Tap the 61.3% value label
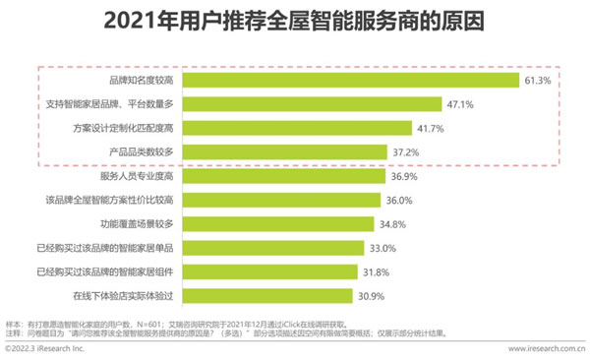click(x=536, y=79)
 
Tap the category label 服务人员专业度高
click(x=139, y=176)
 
